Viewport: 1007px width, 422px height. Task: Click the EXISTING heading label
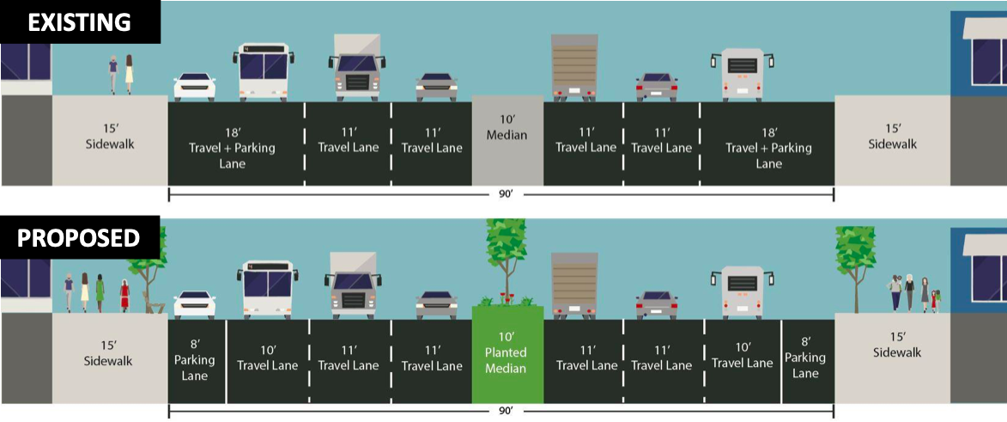pos(79,22)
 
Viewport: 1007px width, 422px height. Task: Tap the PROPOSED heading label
pos(79,237)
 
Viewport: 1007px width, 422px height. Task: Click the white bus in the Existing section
pos(263,72)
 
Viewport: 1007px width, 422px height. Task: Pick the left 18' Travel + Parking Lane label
pos(234,148)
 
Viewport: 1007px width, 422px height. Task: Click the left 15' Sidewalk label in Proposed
pos(108,353)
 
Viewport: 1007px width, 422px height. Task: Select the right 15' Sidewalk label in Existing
pos(893,136)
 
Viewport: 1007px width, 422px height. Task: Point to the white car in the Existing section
pos(194,87)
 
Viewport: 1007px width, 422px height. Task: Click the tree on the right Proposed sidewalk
pos(856,258)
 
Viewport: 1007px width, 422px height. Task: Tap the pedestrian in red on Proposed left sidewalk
pos(124,294)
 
